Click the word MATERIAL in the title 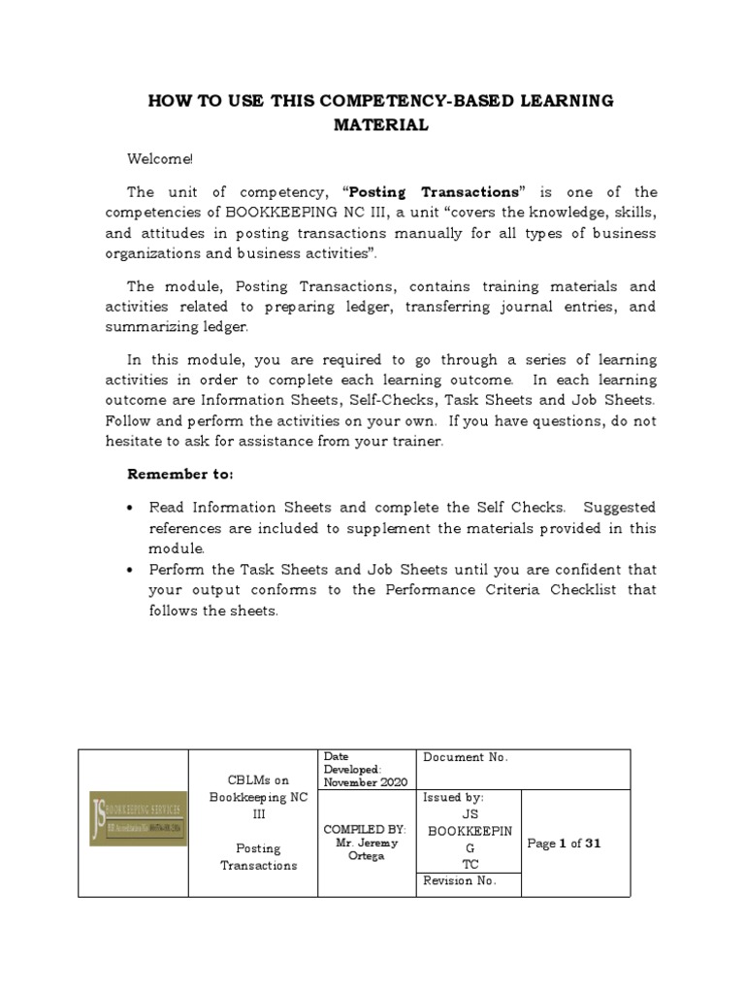[380, 125]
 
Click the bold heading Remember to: [180, 474]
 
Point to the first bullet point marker [131, 508]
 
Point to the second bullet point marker [131, 569]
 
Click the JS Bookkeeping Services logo [138, 818]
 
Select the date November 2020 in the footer [366, 782]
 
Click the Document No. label [466, 757]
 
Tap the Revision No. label [459, 880]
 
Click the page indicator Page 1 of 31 [564, 844]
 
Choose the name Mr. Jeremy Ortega [365, 849]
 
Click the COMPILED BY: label [365, 830]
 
